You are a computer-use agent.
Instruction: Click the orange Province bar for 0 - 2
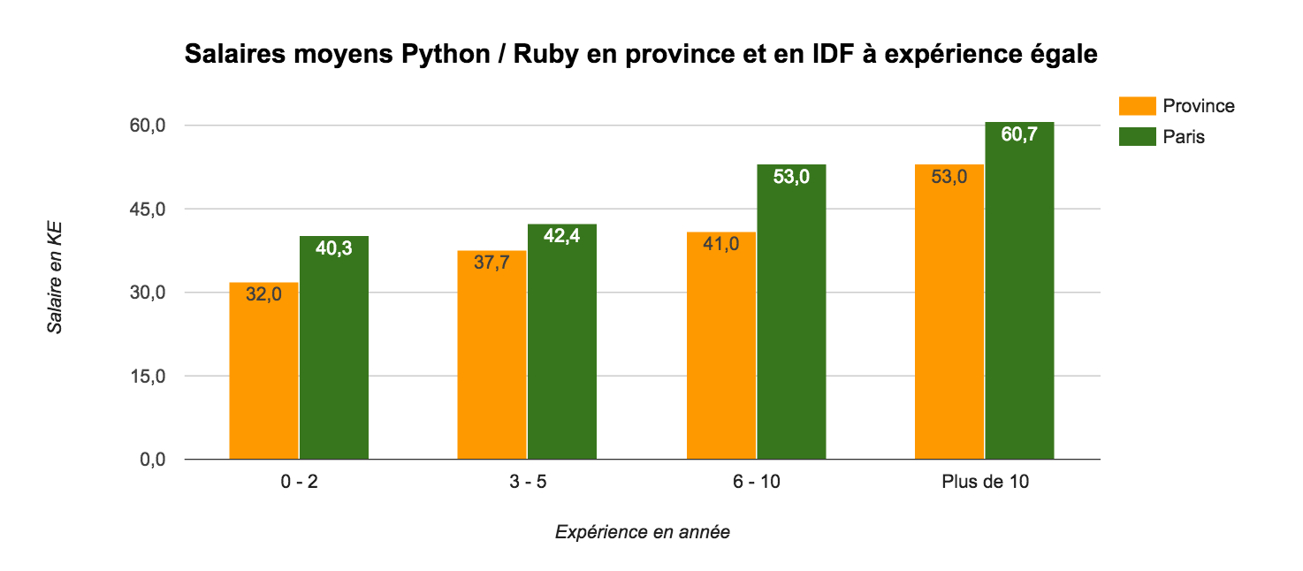coord(263,371)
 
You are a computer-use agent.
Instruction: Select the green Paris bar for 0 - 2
coord(333,348)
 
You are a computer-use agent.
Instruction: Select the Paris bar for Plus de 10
coord(1019,291)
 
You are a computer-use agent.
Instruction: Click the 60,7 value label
coord(1019,135)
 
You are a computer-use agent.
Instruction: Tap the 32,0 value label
coord(263,295)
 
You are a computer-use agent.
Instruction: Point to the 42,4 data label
coord(561,238)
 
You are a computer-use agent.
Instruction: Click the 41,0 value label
coord(721,245)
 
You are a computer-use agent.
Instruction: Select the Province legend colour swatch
coord(1137,106)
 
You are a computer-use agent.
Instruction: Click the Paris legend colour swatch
coord(1137,137)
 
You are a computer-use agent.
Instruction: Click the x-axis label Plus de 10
coord(985,483)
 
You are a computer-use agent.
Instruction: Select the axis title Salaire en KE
coord(55,278)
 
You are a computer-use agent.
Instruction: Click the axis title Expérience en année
coord(643,532)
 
